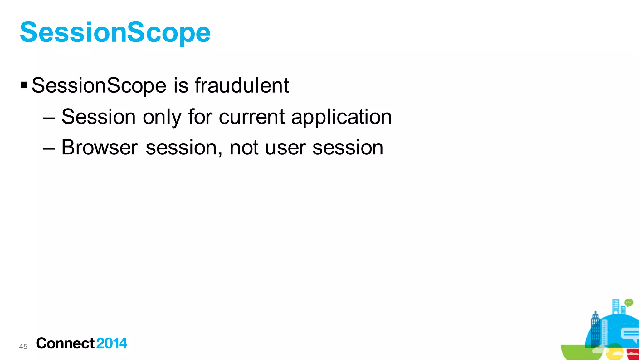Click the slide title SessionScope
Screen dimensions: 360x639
click(115, 33)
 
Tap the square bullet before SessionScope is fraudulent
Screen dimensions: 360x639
click(24, 85)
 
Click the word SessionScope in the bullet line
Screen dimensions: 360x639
click(99, 86)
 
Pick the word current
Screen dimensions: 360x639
click(252, 117)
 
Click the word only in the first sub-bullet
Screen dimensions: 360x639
click(162, 118)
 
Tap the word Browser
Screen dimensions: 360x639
click(100, 147)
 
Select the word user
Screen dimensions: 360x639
click(285, 148)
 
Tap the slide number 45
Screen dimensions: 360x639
click(23, 346)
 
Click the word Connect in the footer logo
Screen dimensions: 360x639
click(65, 343)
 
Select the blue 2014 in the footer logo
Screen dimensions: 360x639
click(112, 343)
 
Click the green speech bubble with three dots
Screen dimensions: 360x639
click(628, 303)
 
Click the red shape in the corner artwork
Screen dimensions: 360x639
click(633, 354)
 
